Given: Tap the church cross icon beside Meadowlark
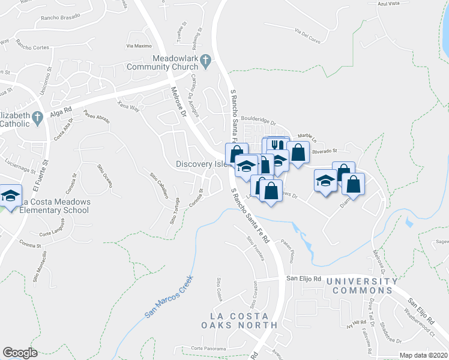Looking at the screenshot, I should (205, 59).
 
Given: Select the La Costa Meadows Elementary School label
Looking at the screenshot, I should (53, 206).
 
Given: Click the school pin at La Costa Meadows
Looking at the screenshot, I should (11, 196).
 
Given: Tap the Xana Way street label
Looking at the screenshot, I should (128, 106).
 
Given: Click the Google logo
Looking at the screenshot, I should (20, 353).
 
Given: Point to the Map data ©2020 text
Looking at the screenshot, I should (424, 355).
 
